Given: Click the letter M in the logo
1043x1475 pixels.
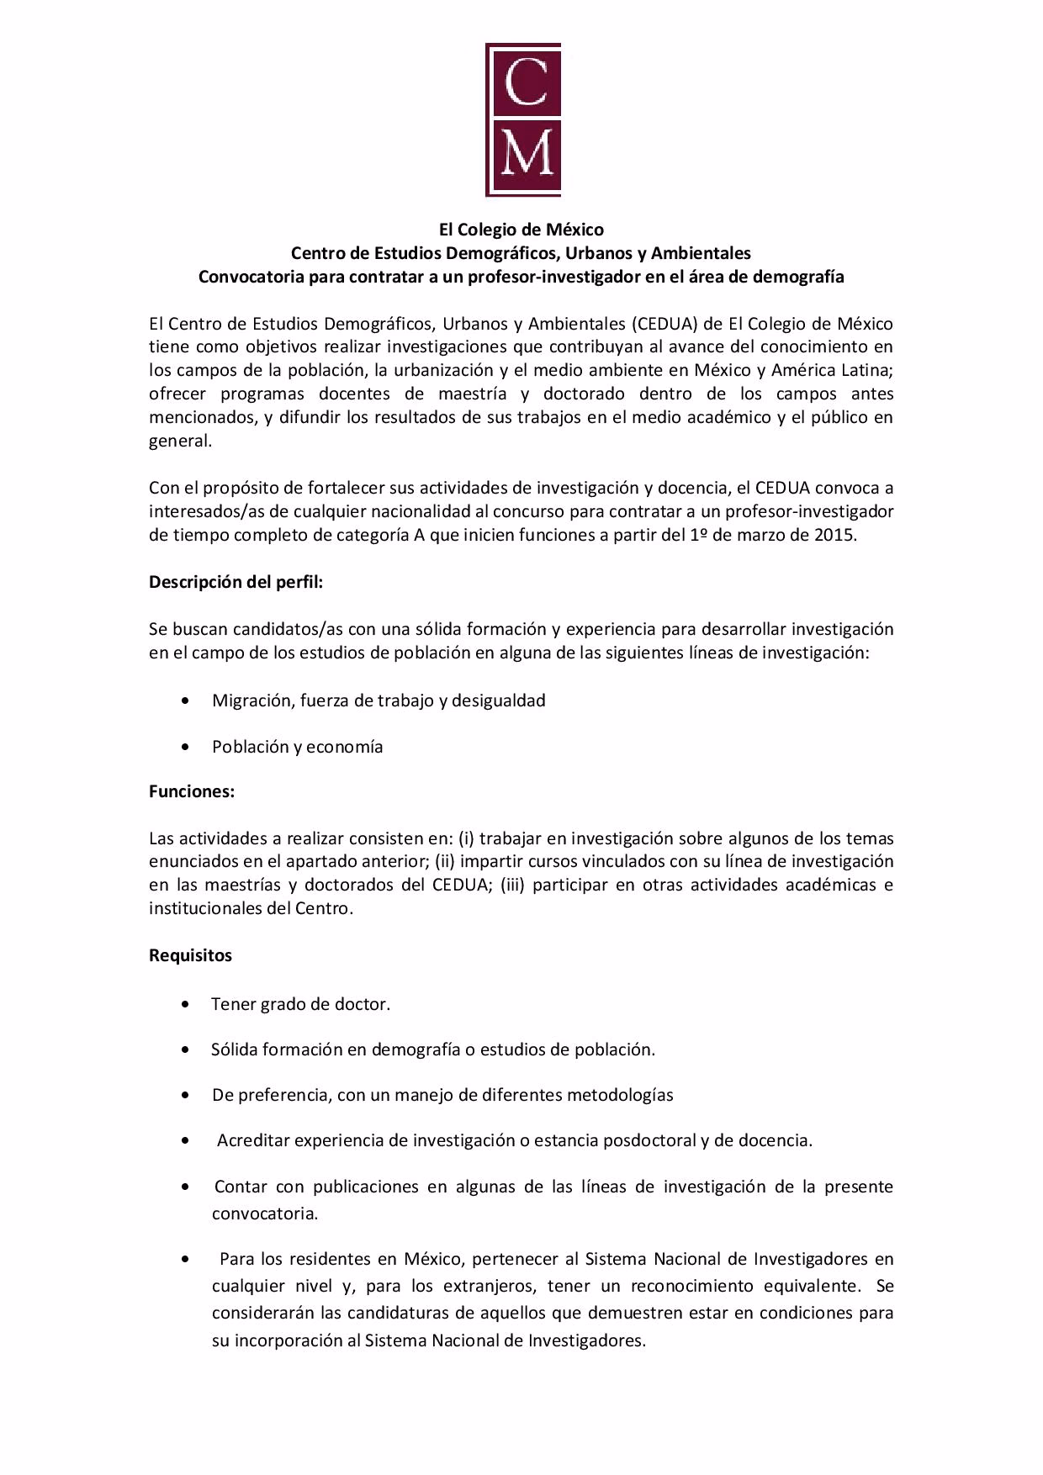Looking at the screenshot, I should click(527, 152).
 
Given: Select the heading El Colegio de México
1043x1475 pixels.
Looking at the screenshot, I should click(521, 229).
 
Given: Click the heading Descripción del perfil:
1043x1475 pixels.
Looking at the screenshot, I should click(236, 582).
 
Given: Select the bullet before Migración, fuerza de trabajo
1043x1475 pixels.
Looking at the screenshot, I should click(185, 700).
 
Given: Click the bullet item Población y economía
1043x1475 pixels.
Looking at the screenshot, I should click(297, 747).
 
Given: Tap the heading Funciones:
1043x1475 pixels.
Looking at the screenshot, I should click(192, 791).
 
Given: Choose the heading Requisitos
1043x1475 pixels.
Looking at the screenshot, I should click(190, 955).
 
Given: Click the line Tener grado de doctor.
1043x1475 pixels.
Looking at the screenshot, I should click(300, 1004).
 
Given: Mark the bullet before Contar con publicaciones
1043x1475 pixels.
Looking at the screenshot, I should click(185, 1187).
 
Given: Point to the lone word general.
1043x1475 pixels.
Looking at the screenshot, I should click(179, 441).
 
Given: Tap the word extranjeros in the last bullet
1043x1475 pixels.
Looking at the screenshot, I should click(477, 1286).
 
